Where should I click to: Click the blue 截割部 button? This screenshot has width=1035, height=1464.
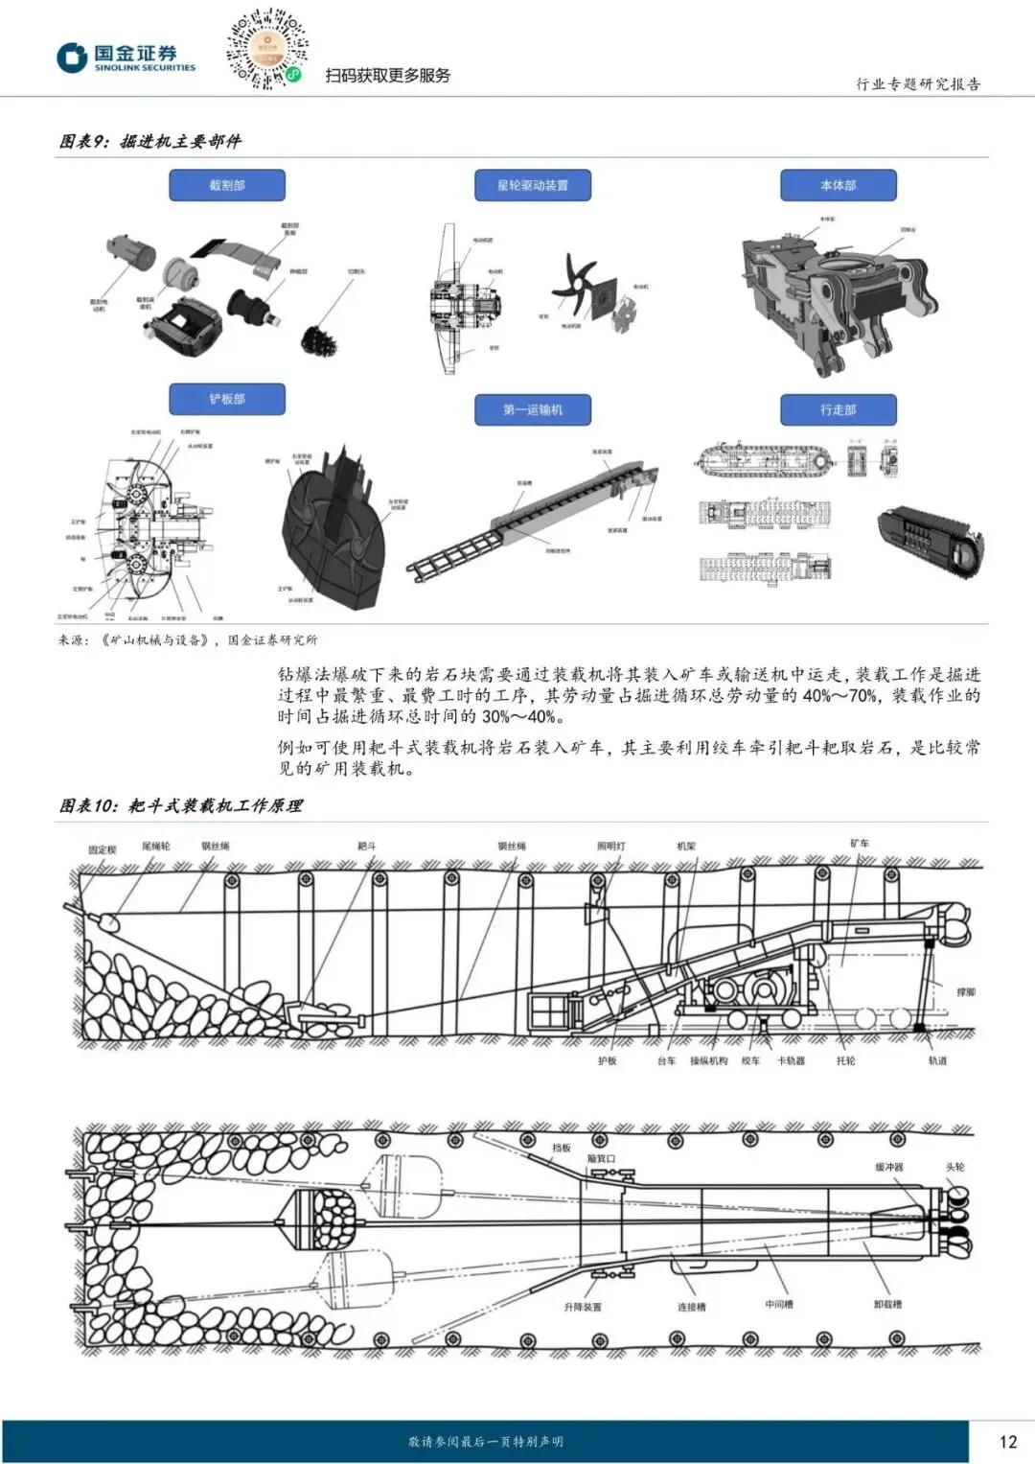(227, 185)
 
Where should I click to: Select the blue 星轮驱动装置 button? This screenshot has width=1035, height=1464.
(532, 185)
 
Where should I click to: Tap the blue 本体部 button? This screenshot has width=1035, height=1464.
(838, 185)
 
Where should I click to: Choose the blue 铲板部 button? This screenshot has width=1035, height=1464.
(227, 399)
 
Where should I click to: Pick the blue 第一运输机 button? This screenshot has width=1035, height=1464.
(532, 409)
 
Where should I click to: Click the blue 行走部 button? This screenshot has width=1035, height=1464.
(838, 409)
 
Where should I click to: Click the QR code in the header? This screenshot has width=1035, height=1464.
(267, 49)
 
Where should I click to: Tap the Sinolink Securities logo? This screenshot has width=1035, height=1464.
(126, 58)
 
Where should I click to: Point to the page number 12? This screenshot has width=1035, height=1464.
(1007, 1441)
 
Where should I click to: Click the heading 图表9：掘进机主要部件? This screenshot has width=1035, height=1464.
(150, 142)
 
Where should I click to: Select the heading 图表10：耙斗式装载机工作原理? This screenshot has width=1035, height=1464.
(181, 806)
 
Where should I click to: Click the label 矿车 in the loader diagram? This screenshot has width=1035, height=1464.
(860, 844)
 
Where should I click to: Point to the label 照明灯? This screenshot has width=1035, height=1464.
(611, 846)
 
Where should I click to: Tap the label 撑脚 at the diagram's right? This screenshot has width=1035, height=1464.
(965, 991)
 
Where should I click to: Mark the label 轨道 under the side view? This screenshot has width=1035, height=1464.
(937, 1060)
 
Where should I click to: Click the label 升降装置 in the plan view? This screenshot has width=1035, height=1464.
(583, 1307)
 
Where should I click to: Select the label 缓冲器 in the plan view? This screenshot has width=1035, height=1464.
(888, 1167)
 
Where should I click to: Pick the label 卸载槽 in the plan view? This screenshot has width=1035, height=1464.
(887, 1304)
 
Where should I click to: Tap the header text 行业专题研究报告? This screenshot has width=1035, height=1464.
(918, 84)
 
